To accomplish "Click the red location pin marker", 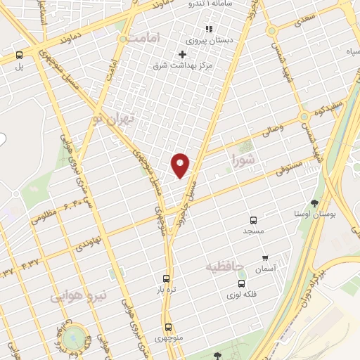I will click(x=181, y=165).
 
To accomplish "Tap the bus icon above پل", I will click(x=19, y=55).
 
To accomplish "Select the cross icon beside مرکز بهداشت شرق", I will click(x=183, y=54).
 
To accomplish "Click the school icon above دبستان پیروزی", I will click(x=208, y=29).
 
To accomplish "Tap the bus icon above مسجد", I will click(x=253, y=219).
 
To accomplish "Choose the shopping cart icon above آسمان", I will click(x=265, y=258).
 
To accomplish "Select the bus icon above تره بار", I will click(x=166, y=278).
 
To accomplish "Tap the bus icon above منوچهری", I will click(x=168, y=326).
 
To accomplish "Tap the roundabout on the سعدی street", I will click(x=271, y=31).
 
